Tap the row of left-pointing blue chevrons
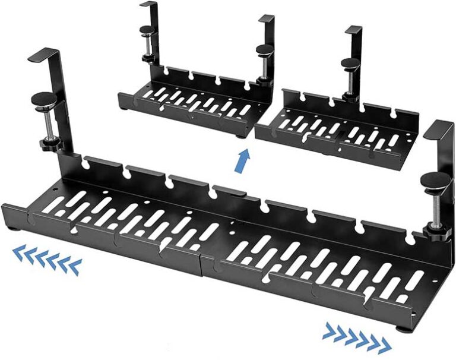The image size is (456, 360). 47,260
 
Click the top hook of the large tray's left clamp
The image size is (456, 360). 45,56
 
